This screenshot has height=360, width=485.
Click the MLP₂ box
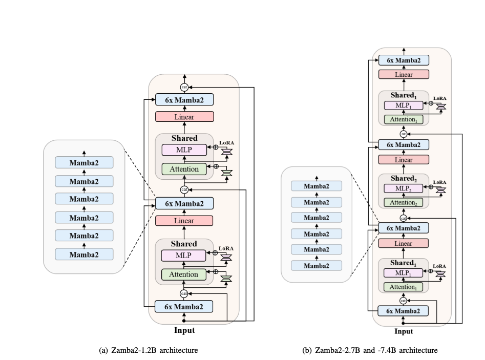click(x=403, y=188)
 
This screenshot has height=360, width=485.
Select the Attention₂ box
click(x=403, y=202)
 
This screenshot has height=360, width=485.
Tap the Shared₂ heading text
click(x=403, y=179)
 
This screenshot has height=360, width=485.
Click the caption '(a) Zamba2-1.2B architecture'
click(x=148, y=350)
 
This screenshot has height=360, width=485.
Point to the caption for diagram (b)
click(x=370, y=350)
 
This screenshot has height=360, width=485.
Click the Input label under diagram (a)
click(x=184, y=330)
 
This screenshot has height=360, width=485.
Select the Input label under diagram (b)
click(x=404, y=331)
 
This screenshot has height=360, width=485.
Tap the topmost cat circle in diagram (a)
click(x=184, y=88)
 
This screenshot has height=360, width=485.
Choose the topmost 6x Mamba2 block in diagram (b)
click(x=404, y=60)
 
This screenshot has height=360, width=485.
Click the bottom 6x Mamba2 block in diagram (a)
click(x=184, y=307)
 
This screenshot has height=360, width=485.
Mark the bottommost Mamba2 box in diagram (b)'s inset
click(x=316, y=265)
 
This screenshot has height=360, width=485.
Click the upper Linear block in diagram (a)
click(x=184, y=117)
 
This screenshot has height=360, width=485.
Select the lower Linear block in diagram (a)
click(x=184, y=220)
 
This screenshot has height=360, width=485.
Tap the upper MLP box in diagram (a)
click(x=184, y=150)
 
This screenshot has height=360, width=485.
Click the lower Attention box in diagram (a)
click(x=184, y=274)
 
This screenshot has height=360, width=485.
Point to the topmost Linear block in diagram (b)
click(x=404, y=75)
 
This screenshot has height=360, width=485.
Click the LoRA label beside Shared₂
click(x=440, y=182)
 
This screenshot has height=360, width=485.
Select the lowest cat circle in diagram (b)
click(x=403, y=301)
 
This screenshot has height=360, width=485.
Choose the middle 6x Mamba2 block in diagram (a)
click(x=184, y=203)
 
